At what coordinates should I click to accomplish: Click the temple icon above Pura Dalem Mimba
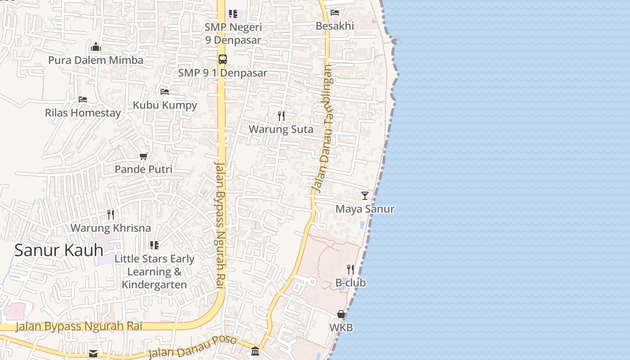pos(95,47)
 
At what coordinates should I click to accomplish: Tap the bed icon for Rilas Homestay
pos(83,99)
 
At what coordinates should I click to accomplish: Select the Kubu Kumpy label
pos(165,105)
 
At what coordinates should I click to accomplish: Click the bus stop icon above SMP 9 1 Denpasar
pos(223,59)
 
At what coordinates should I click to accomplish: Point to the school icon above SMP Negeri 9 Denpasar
pos(233,14)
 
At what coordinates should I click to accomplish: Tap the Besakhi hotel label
pos(335,26)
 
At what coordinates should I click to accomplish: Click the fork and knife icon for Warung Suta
pos(281,116)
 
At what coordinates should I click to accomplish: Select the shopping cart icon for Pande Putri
pos(143,156)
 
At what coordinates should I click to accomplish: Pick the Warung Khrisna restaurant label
pos(111,228)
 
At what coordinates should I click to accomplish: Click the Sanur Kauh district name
pos(59,250)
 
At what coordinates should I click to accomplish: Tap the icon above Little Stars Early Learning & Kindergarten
pos(154,245)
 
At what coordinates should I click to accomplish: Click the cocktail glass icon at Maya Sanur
pos(365,196)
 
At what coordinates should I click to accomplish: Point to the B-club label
pos(351,283)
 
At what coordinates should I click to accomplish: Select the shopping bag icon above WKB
pos(341,314)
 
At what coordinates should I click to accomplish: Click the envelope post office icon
pos(93,353)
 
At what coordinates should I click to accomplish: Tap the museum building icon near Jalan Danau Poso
pos(255,351)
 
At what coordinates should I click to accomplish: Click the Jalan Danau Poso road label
pos(192,346)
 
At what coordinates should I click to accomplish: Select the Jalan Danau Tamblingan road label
pos(322,129)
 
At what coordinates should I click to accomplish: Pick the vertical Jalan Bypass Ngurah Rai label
pos(220,225)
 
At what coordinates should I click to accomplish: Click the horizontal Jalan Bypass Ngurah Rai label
pos(79,326)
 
